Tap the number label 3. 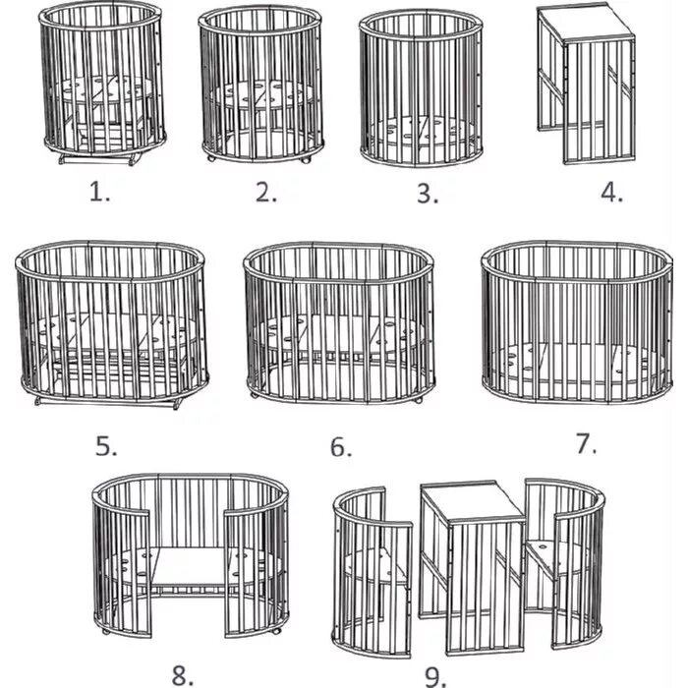click(x=426, y=193)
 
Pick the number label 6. click(x=340, y=447)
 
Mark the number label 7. click(x=586, y=443)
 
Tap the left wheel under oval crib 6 click(x=254, y=396)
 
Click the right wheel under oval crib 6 click(x=419, y=398)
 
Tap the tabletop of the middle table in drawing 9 click(x=475, y=501)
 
